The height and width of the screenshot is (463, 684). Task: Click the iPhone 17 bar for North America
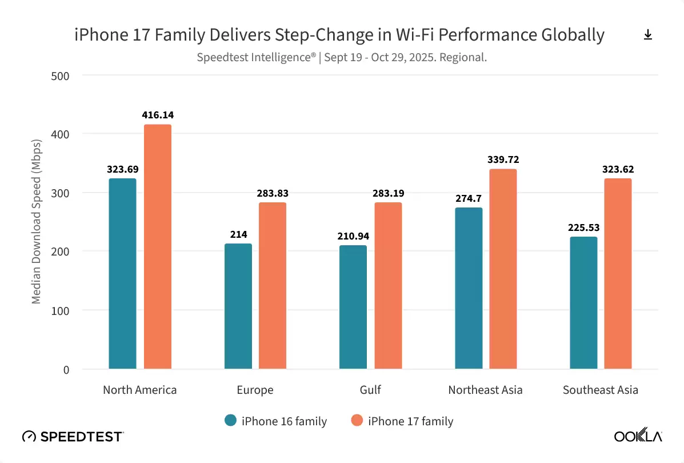(157, 246)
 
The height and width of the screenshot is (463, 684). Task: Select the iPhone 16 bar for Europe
(238, 306)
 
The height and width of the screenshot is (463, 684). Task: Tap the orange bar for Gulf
(388, 285)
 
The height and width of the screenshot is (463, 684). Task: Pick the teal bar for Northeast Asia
(469, 288)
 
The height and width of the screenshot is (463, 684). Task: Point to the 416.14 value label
(157, 115)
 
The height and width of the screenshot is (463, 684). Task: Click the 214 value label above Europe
(238, 234)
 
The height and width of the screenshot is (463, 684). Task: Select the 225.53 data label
(583, 227)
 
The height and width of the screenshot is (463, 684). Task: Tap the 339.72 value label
(503, 159)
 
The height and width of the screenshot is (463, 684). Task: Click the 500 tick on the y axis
(60, 75)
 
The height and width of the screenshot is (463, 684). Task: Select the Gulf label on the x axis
(370, 390)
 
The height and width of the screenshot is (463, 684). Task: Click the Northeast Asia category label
(485, 390)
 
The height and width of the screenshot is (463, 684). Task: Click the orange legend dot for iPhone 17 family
(357, 421)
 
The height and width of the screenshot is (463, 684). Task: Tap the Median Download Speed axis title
(36, 221)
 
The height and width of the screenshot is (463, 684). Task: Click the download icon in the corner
(647, 35)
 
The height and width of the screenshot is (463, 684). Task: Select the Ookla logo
(638, 437)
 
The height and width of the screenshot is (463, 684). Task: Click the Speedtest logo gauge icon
(29, 437)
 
